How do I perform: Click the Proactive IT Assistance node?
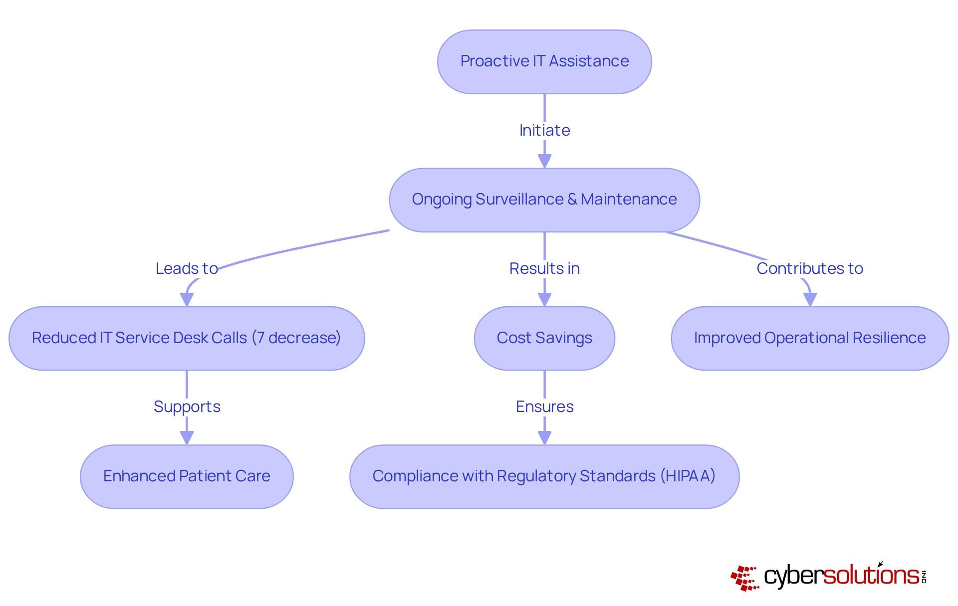pyautogui.click(x=544, y=61)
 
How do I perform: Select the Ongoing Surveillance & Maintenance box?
pyautogui.click(x=544, y=200)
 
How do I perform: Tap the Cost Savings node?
pyautogui.click(x=544, y=338)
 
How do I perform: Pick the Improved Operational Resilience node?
pyautogui.click(x=810, y=338)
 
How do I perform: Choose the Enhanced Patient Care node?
pyautogui.click(x=187, y=476)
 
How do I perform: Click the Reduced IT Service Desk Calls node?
pyautogui.click(x=187, y=338)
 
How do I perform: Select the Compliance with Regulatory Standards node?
pyautogui.click(x=544, y=476)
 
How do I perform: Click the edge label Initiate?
pyautogui.click(x=544, y=130)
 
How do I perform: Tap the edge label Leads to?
pyautogui.click(x=187, y=268)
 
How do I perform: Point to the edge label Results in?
pyautogui.click(x=544, y=268)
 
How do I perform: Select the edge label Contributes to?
pyautogui.click(x=810, y=268)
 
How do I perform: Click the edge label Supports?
pyautogui.click(x=187, y=406)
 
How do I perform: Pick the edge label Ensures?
pyautogui.click(x=544, y=406)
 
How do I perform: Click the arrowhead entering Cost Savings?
pyautogui.click(x=544, y=300)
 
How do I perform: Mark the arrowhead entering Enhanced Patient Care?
pyautogui.click(x=187, y=438)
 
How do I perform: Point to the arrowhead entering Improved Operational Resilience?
pyautogui.click(x=810, y=300)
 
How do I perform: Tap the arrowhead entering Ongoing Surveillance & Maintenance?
pyautogui.click(x=544, y=161)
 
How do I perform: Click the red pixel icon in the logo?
pyautogui.click(x=744, y=578)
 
